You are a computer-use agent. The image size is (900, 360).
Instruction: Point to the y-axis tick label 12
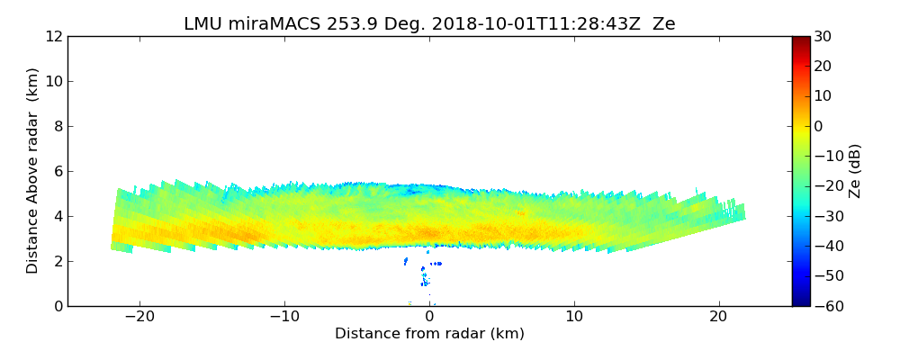[x=53, y=36]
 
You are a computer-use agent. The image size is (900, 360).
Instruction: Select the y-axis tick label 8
[x=57, y=126]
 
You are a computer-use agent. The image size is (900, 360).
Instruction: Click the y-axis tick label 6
[x=57, y=171]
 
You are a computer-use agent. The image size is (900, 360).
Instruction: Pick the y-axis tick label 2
[x=57, y=261]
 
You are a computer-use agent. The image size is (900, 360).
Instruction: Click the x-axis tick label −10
[x=284, y=317]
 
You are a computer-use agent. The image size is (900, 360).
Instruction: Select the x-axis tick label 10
[x=574, y=317]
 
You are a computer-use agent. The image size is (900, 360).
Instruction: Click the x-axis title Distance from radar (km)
[x=429, y=334]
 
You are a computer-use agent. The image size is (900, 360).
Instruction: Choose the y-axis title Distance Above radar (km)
[x=32, y=170]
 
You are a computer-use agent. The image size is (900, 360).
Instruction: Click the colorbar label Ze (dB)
[x=855, y=171]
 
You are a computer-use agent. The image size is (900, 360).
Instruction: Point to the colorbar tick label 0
[x=819, y=126]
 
